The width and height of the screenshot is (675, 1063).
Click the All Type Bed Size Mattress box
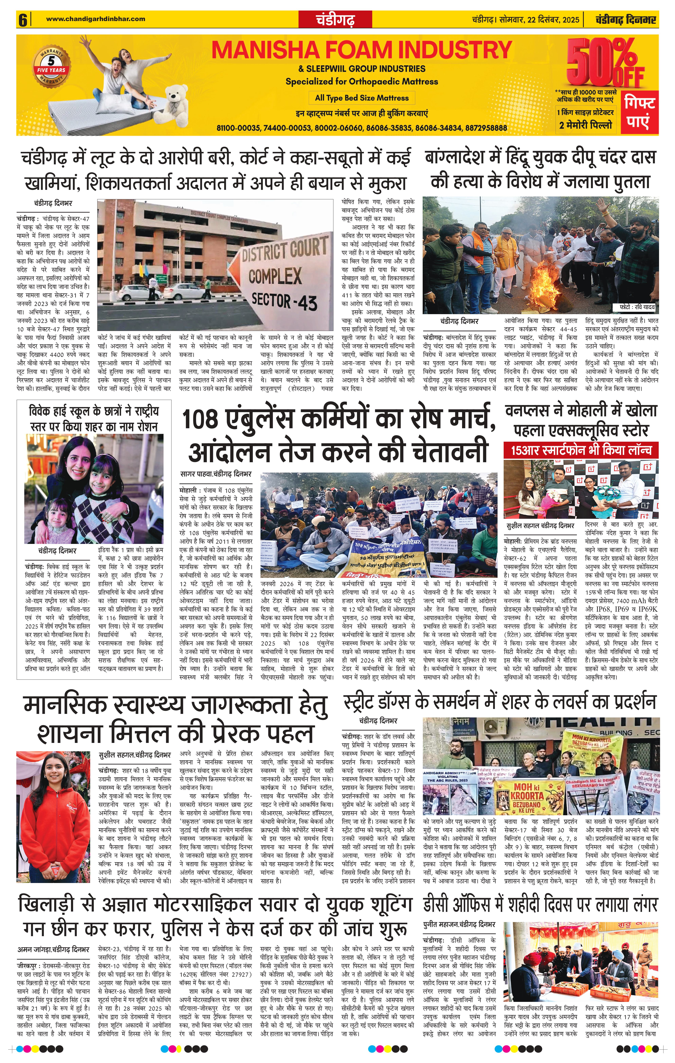coord(362,98)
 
